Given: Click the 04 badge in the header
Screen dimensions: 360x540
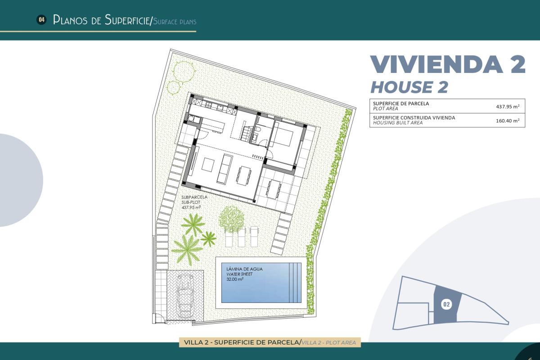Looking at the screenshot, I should (x=41, y=19).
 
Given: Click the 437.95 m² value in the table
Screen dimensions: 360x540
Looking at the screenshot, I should (x=508, y=106).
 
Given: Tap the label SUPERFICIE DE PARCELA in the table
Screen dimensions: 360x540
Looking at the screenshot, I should (x=401, y=103).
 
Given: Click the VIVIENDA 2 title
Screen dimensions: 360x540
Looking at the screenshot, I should (x=447, y=64).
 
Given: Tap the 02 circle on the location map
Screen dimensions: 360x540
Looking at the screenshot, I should (x=446, y=305).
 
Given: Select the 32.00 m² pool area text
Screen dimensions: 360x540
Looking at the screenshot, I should (x=235, y=279).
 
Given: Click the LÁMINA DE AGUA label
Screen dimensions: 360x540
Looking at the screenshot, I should (x=245, y=269).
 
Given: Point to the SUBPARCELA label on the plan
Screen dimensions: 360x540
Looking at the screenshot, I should (x=194, y=197).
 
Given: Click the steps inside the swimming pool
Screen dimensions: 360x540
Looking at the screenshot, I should (x=296, y=283).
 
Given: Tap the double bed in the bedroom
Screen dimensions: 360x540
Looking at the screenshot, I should (x=283, y=135).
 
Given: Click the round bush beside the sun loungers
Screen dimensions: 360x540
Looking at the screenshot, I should (x=232, y=218).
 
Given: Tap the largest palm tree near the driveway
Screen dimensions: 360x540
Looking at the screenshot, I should (x=186, y=248).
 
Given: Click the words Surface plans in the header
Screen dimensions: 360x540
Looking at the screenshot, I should (x=175, y=22).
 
